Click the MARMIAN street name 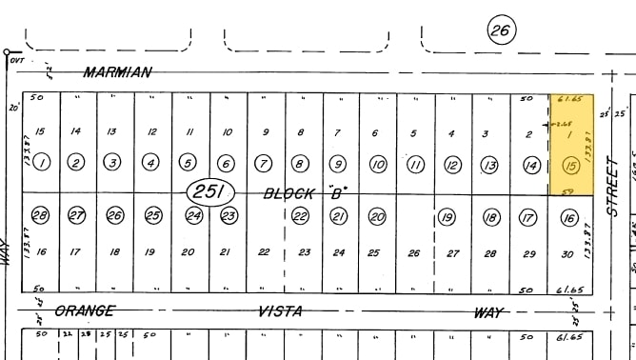116,72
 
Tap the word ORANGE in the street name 84,310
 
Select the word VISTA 280,310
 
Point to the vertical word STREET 614,187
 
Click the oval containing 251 209,192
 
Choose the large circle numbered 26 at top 500,30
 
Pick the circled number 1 41,163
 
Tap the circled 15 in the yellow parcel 571,166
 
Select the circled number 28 41,216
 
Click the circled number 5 188,164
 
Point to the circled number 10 378,165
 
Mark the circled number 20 377,217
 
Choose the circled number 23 228,216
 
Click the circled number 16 569,218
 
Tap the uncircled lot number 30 567,253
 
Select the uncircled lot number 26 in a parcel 413,253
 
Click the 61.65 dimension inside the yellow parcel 571,98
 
